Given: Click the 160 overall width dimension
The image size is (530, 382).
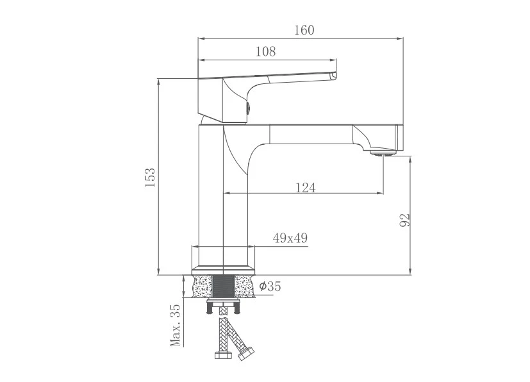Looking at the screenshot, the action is coord(304,30).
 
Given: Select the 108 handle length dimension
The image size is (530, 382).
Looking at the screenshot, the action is coord(266,51).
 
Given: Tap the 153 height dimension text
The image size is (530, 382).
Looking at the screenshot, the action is coord(150,178).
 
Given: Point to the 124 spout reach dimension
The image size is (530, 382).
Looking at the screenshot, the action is coord(306,188).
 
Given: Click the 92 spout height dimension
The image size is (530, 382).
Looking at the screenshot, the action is coord(404,220).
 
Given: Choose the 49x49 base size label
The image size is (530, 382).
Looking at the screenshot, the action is coord(290,238).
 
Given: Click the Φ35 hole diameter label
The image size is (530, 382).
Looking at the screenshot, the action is coord(270,286).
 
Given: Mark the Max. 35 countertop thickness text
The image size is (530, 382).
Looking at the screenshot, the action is coord(175,325).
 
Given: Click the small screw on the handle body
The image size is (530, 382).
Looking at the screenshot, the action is coord(248,108).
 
